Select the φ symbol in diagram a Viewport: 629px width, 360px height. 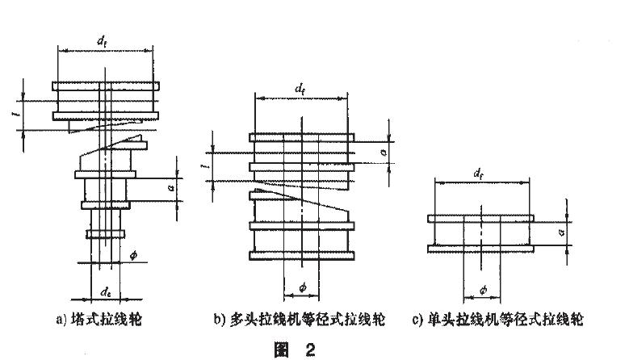[133, 256]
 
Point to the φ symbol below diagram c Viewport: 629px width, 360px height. [482, 288]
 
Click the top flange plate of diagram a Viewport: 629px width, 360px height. [104, 86]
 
